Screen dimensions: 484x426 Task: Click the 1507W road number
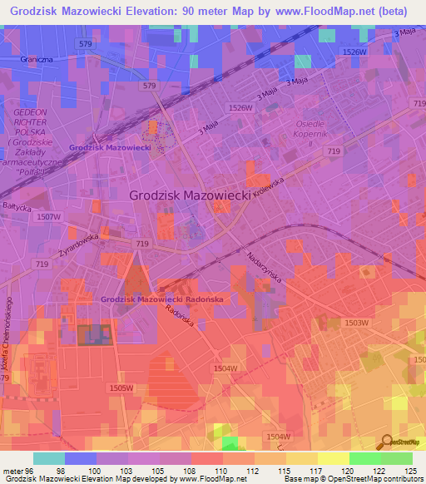pos(50,216)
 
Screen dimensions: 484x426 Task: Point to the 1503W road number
pos(356,322)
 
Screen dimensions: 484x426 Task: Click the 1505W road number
pos(121,388)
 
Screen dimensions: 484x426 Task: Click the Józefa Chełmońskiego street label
pos(9,333)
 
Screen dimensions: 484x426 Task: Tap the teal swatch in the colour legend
pos(49,459)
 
